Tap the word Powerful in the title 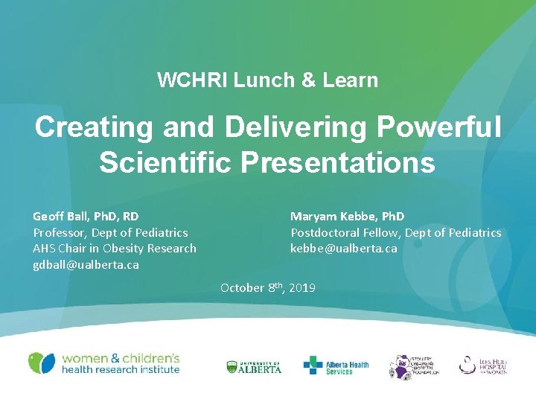click(x=439, y=127)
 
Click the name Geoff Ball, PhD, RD click(x=86, y=217)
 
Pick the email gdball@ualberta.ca click(x=86, y=264)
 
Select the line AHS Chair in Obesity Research click(x=115, y=249)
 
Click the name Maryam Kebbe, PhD click(x=347, y=217)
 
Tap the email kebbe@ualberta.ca click(x=343, y=249)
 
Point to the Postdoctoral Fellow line click(x=395, y=233)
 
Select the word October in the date click(x=242, y=287)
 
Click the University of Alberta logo click(x=254, y=366)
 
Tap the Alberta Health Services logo click(x=336, y=366)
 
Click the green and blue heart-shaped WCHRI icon click(x=42, y=363)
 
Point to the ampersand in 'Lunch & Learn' click(x=308, y=80)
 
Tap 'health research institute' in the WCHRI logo click(x=121, y=369)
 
